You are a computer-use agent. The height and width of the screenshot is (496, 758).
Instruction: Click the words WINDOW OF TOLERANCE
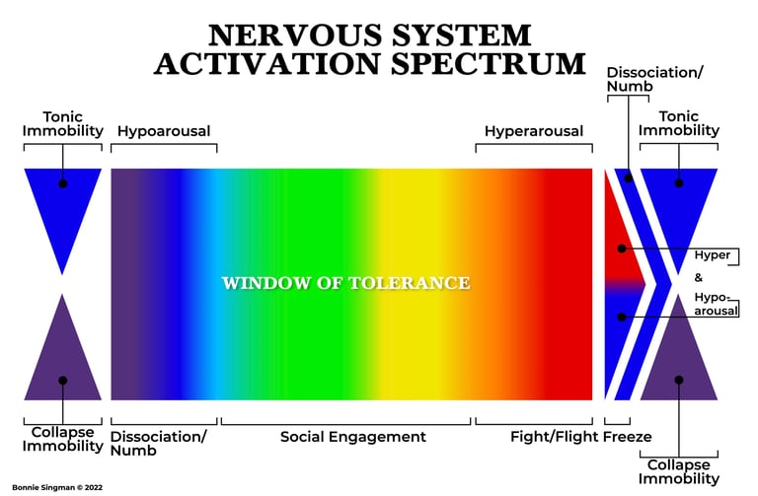(x=345, y=283)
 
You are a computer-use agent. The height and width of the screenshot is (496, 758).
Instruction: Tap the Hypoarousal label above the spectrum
(x=164, y=131)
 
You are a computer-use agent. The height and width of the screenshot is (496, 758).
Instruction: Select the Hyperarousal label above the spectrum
(x=533, y=131)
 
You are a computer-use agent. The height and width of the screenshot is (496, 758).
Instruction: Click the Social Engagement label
(x=353, y=437)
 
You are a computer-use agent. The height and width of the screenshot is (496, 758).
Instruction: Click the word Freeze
(x=628, y=437)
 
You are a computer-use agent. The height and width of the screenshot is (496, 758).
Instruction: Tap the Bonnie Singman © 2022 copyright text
(x=51, y=487)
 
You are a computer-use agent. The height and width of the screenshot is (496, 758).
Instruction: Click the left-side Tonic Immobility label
(x=62, y=122)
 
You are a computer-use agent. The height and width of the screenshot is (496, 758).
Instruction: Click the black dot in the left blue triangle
(x=62, y=183)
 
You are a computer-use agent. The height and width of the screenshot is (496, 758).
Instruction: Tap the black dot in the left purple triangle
(x=62, y=381)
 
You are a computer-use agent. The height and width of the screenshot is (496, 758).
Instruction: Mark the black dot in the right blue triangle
(x=679, y=183)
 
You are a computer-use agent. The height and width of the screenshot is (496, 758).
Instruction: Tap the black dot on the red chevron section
(x=623, y=246)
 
